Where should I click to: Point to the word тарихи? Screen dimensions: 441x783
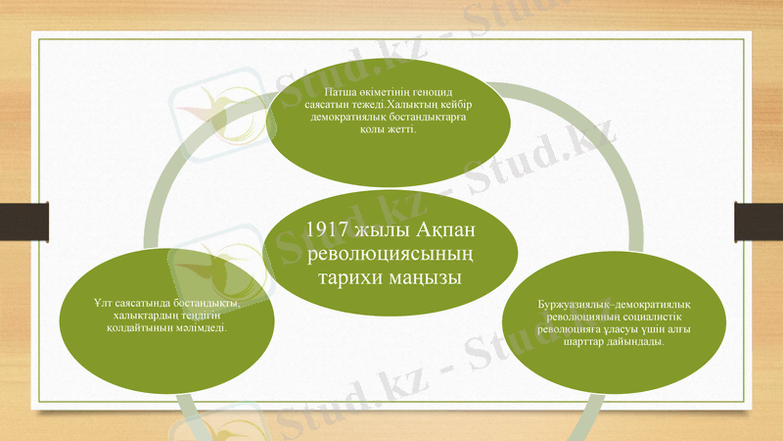(347, 278)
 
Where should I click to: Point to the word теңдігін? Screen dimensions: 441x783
(210, 316)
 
